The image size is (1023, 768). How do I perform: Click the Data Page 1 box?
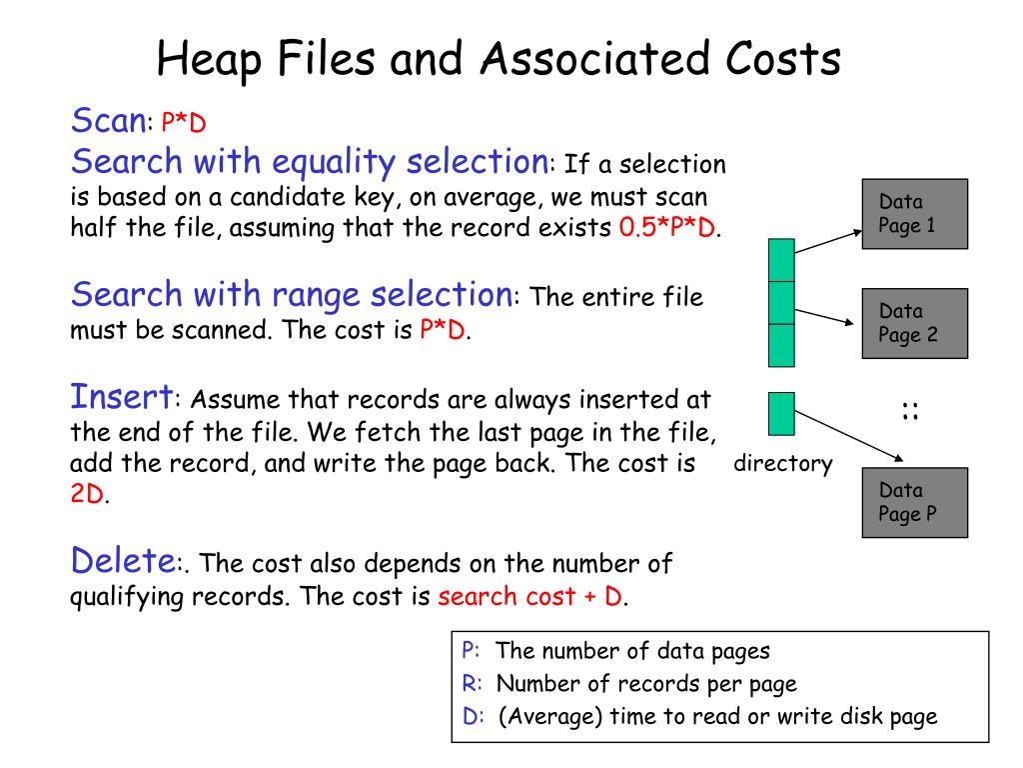click(x=914, y=214)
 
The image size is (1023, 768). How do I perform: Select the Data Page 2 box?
click(x=914, y=323)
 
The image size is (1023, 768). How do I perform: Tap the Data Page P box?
click(x=914, y=502)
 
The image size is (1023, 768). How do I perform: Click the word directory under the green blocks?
click(x=783, y=464)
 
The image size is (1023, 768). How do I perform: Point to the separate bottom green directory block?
click(x=781, y=414)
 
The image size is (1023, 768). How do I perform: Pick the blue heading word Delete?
click(x=123, y=560)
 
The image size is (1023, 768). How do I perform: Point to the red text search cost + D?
click(x=530, y=597)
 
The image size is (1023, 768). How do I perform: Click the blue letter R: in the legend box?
click(x=473, y=684)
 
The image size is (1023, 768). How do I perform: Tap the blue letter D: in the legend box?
click(x=473, y=716)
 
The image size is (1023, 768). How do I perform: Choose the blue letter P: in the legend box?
click(x=472, y=651)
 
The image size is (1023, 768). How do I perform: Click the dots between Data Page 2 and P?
click(x=910, y=409)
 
